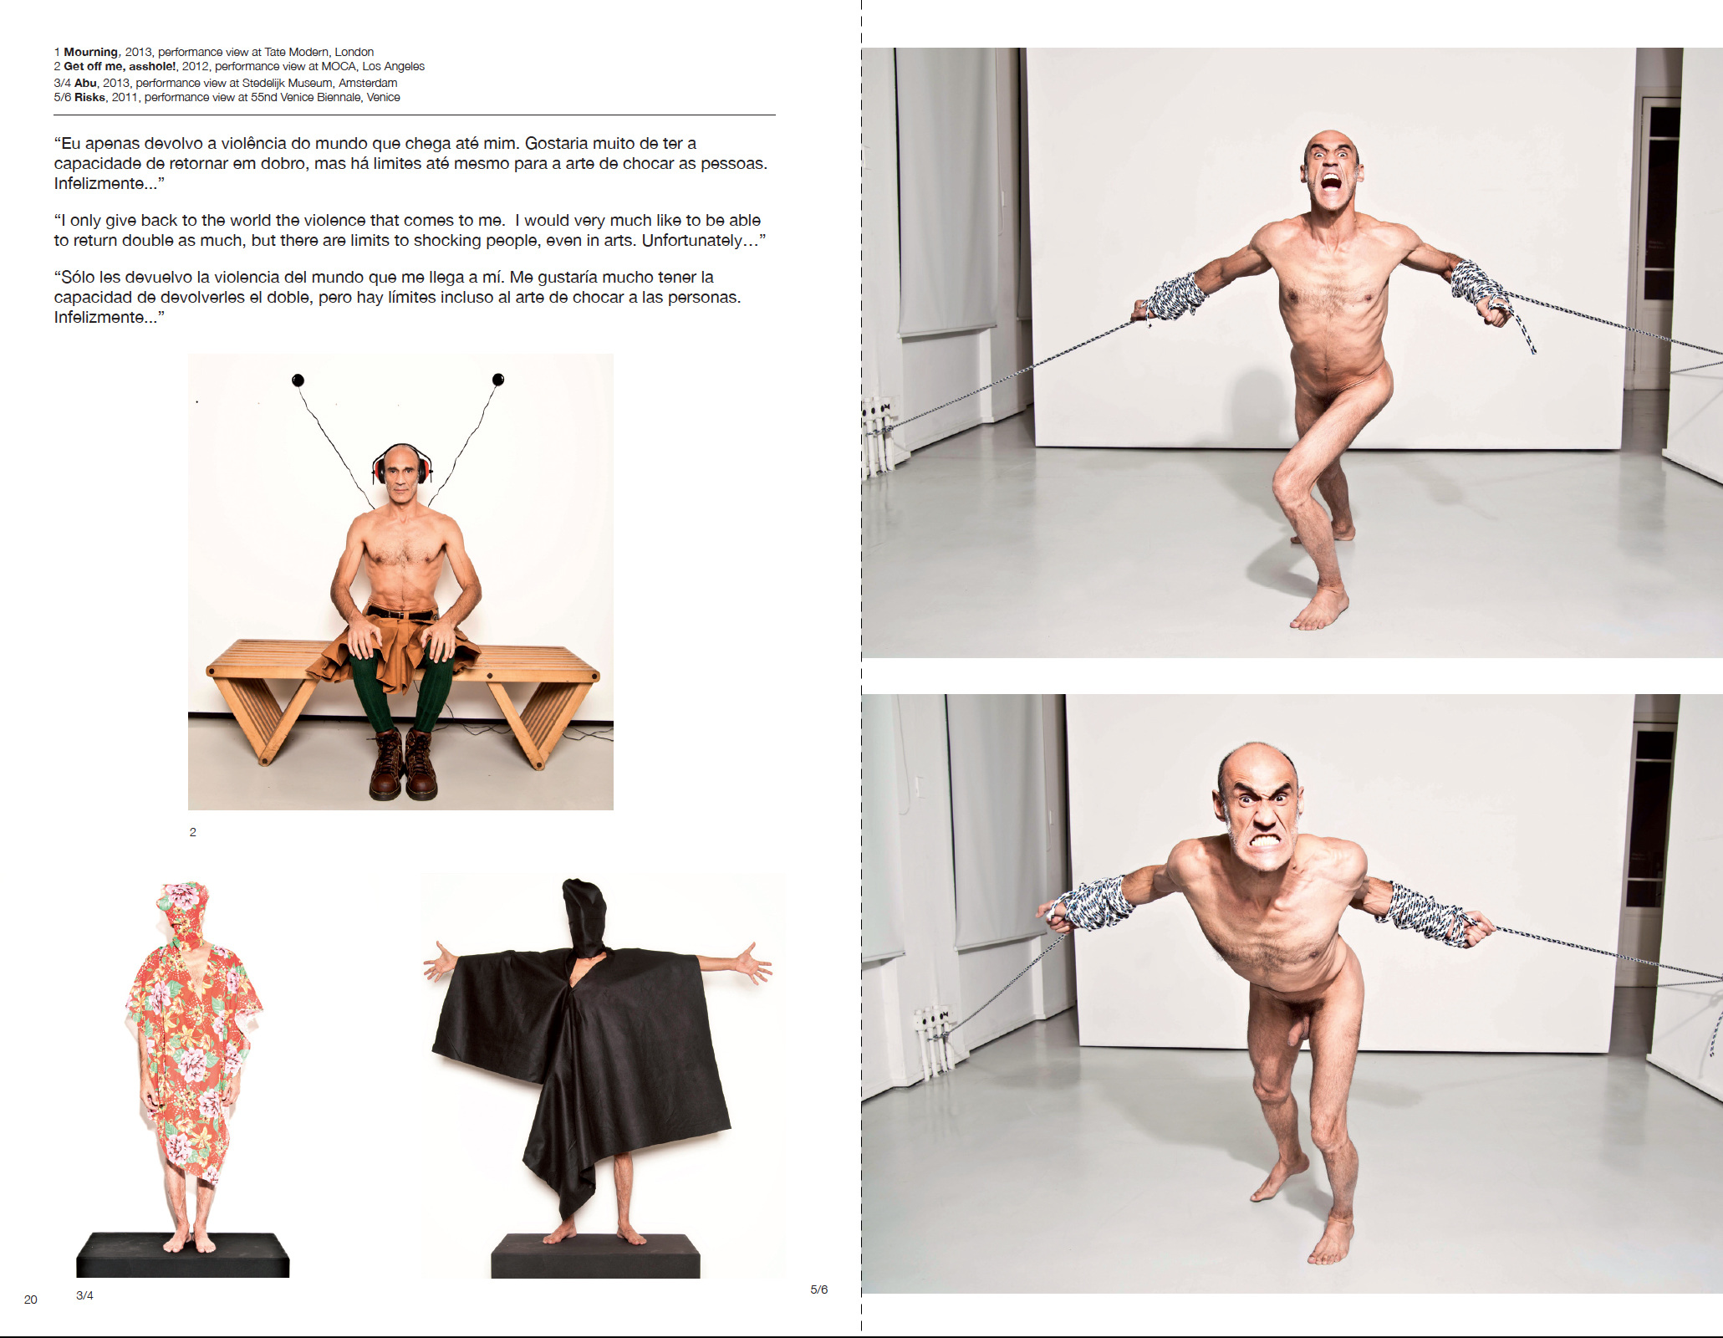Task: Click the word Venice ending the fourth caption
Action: [383, 97]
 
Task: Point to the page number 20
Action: [31, 1300]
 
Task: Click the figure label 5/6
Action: [819, 1289]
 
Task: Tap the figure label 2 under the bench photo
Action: [193, 832]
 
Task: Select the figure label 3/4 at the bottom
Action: [84, 1295]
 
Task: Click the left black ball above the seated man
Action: [298, 380]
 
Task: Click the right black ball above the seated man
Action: [498, 380]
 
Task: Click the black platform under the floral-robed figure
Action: [183, 1254]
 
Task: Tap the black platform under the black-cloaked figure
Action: [595, 1256]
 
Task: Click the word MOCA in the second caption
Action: [339, 66]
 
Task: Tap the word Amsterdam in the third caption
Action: [368, 83]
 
